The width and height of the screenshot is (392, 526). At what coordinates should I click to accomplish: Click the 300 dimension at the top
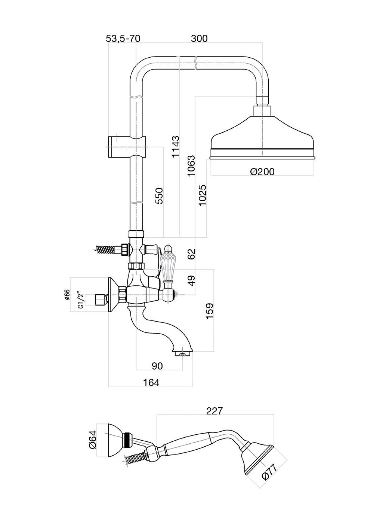[x=199, y=38]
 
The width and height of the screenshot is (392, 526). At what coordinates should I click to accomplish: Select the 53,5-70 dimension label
[x=123, y=38]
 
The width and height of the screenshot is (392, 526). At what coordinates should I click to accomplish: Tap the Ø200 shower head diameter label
[x=262, y=172]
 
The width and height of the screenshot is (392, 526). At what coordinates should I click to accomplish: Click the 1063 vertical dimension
[x=191, y=166]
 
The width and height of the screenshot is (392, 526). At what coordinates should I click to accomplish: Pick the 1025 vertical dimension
[x=203, y=195]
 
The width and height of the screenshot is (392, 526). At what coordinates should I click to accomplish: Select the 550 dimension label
[x=160, y=195]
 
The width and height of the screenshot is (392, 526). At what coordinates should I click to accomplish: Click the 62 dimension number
[x=191, y=254]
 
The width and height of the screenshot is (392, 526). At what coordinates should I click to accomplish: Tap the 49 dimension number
[x=191, y=280]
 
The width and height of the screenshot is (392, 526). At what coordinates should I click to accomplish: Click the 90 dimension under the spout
[x=157, y=366]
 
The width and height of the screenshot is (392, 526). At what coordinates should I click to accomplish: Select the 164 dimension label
[x=151, y=383]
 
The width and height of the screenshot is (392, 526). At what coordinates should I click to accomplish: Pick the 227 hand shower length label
[x=214, y=411]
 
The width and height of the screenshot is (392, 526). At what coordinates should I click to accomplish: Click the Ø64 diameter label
[x=92, y=440]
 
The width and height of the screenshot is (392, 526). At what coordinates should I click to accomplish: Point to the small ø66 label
[x=68, y=295]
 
